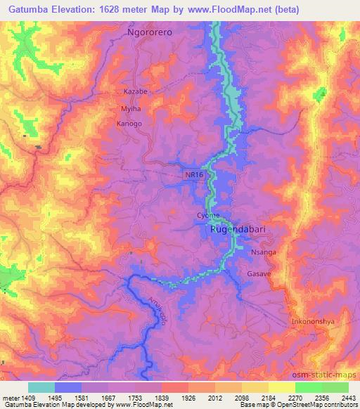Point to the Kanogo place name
pyautogui.click(x=129, y=124)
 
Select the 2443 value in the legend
pyautogui.click(x=349, y=397)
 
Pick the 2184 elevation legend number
pyautogui.click(x=269, y=397)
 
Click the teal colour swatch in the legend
pyautogui.click(x=41, y=387)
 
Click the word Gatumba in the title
pyautogui.click(x=22, y=9)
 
